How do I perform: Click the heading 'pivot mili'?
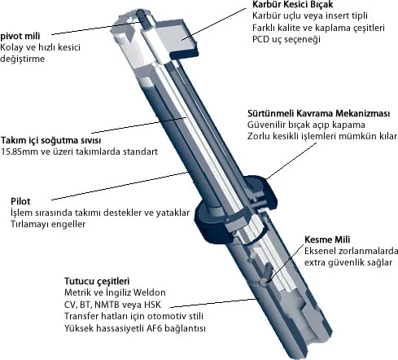tap(20, 36)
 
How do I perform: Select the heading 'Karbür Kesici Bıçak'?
tap(293, 4)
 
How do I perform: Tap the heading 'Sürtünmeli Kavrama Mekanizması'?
tap(319, 113)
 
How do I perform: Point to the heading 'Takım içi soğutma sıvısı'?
tap(50, 140)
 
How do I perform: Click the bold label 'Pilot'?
tap(20, 201)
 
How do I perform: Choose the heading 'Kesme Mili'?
tap(327, 239)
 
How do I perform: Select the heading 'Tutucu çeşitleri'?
tap(97, 281)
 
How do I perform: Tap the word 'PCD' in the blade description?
tap(260, 39)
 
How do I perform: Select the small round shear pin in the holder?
tap(264, 282)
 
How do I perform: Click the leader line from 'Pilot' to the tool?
tap(120, 186)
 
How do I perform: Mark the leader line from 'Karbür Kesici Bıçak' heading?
tap(213, 24)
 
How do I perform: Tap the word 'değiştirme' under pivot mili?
tap(22, 59)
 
